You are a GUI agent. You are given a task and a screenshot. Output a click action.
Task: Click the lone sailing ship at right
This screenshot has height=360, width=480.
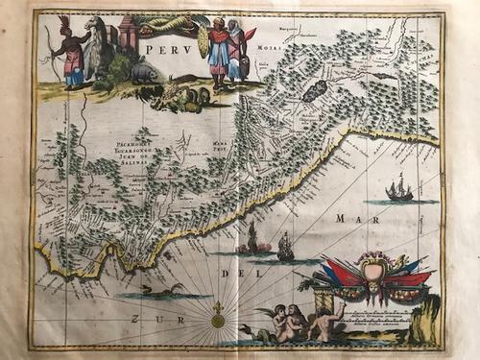point(398,189)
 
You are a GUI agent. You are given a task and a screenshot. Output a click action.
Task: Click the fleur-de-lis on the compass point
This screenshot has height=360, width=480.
point(218,311)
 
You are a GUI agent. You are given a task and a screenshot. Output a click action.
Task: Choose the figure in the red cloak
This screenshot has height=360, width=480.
point(239,53)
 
